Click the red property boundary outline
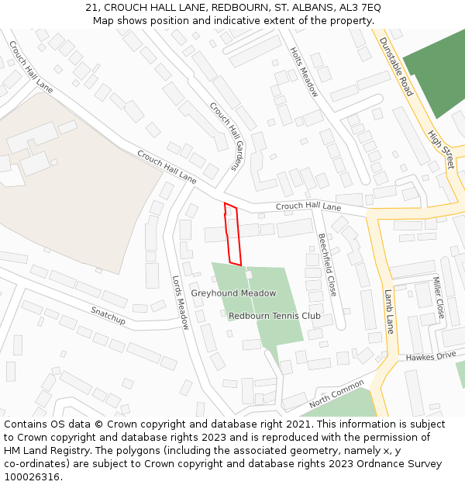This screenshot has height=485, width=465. click(x=232, y=234)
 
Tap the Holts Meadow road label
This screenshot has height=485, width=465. click(x=304, y=71)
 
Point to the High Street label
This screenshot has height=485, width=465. click(x=440, y=150)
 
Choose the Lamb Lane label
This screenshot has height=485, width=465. click(x=389, y=311)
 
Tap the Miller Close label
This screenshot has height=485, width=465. click(x=439, y=297)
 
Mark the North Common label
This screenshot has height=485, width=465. click(x=336, y=393)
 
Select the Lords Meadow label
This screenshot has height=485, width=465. click(x=181, y=303)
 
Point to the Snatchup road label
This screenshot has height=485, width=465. click(x=108, y=315)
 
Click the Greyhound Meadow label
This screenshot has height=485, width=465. click(x=233, y=293)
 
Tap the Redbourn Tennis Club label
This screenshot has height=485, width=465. click(x=274, y=316)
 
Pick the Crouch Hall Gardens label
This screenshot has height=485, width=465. click(x=226, y=137)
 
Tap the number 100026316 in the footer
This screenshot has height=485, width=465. click(x=33, y=476)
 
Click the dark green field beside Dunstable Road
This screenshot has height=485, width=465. click(x=436, y=74)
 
